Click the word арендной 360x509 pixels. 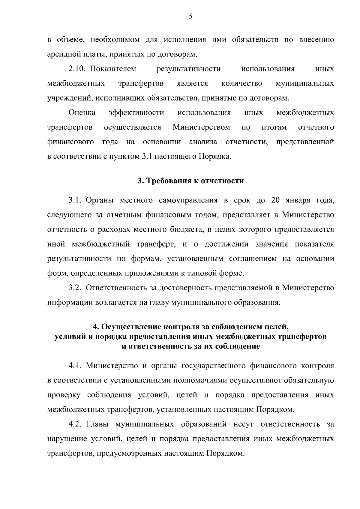point(62,55)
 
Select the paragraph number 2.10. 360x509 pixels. point(77,69)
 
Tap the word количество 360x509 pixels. point(242,83)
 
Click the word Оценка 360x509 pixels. point(82,113)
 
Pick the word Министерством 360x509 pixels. point(201,127)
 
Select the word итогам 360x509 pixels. point(274,127)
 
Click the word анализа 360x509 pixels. point(203,142)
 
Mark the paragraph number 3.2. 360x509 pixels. point(75,288)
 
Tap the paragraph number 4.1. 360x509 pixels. point(75,366)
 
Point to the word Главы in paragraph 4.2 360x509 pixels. point(97,424)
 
